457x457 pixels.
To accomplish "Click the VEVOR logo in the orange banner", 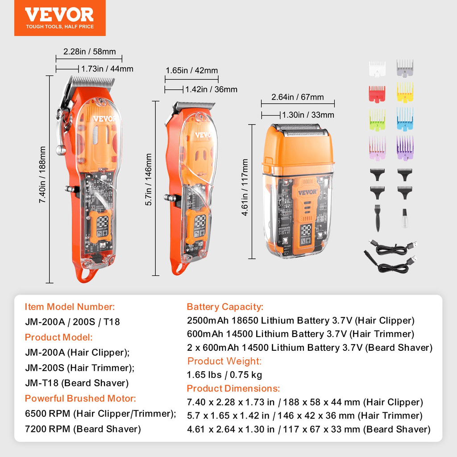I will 59,15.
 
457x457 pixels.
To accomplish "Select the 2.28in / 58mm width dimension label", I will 89,52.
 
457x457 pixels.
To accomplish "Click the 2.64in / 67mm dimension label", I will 298,97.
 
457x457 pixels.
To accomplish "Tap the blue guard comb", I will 405,119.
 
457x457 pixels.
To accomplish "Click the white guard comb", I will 377,68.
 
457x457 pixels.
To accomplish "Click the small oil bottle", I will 404,219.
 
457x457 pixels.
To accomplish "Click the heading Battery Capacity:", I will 225,307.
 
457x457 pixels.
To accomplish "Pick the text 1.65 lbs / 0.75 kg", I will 224,375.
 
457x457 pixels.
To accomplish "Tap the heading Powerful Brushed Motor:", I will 80,398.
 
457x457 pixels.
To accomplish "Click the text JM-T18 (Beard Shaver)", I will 77,383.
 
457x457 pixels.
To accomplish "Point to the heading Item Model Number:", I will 70,307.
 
